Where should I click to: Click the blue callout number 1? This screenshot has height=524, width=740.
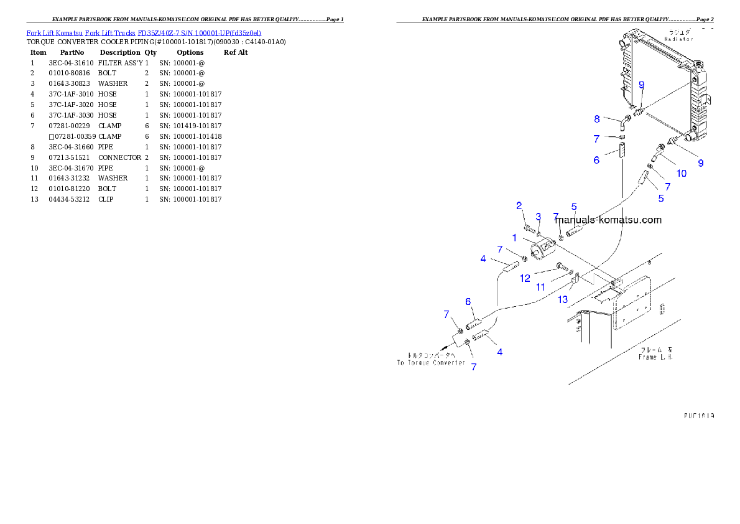pos(514,238)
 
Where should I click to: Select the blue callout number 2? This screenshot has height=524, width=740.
pos(519,206)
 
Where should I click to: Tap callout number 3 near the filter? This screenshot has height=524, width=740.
pos(539,217)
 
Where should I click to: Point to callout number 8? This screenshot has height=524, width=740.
pos(597,118)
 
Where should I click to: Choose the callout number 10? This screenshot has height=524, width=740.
pos(682,174)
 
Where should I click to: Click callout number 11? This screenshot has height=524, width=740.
pos(541,287)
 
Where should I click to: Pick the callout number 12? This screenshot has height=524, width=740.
pos(525,278)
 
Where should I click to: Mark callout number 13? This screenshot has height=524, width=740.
pos(563,299)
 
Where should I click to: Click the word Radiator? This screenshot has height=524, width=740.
pos(678,39)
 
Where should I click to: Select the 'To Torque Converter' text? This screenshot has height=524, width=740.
pos(431,362)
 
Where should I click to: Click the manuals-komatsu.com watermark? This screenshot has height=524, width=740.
pos(608,220)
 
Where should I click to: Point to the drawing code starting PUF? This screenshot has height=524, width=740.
pos(698,415)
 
